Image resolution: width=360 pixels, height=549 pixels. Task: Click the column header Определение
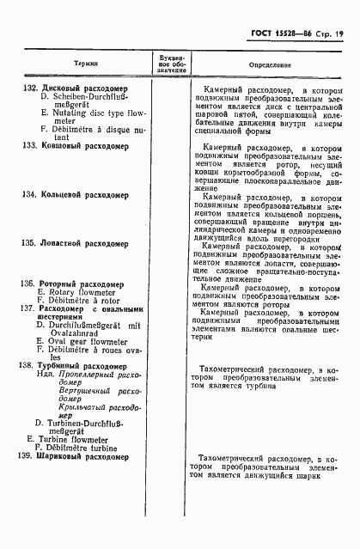270,64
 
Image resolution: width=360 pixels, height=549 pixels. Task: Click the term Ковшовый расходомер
82,146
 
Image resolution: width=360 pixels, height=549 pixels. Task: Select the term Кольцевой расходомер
84,196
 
